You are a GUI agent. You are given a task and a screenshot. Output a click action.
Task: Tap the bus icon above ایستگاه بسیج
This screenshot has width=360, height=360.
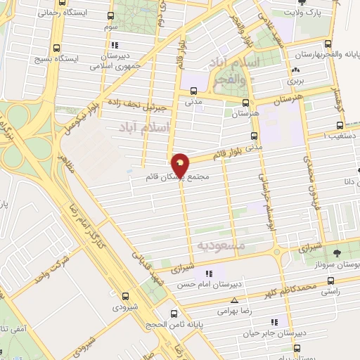pyautogui.click(x=56, y=48)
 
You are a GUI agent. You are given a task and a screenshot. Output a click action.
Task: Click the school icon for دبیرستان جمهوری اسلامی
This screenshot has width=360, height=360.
pyautogui.click(x=115, y=47)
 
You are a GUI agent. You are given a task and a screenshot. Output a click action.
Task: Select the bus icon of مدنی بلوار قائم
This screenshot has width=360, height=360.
pyautogui.click(x=254, y=136)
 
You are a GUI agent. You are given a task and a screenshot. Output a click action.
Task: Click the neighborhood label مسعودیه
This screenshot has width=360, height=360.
pyautogui.click(x=221, y=246)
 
